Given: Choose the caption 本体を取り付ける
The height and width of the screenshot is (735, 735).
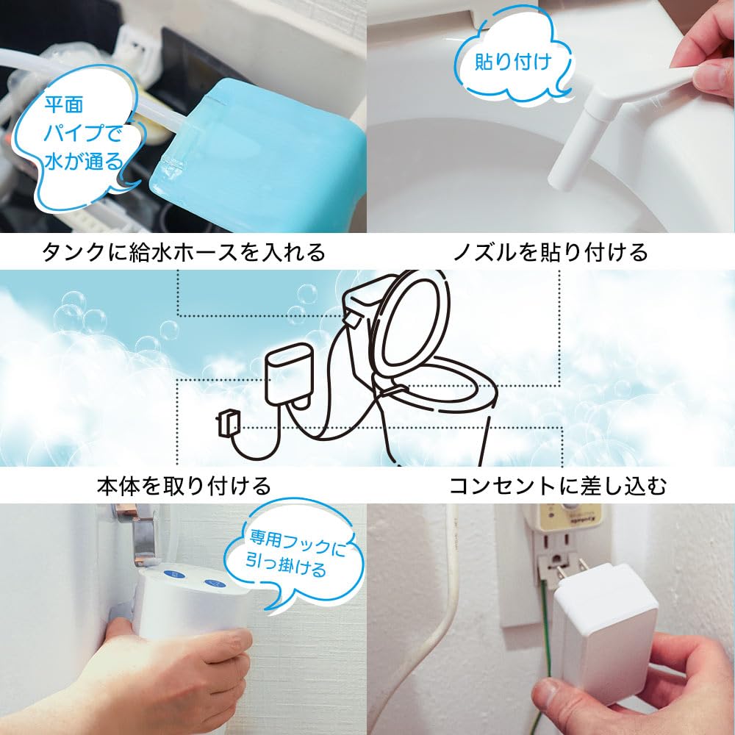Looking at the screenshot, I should click(x=184, y=486).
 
